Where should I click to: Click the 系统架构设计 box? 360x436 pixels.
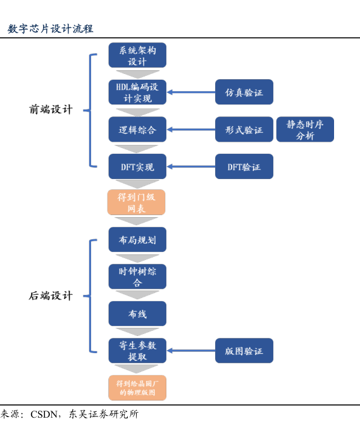point(137,55)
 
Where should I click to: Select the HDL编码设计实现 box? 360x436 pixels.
point(137,92)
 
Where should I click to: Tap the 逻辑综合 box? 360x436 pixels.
point(137,129)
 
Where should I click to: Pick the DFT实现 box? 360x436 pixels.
point(137,166)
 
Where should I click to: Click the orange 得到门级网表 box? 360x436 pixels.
point(137,202)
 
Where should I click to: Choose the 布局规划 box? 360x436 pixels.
point(137,240)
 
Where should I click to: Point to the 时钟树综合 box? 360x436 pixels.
point(137,277)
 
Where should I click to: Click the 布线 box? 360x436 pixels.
point(137,314)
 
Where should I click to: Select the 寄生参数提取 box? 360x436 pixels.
point(137,351)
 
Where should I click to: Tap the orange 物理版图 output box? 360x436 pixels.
point(137,388)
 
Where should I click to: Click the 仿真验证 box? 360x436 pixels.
point(244,92)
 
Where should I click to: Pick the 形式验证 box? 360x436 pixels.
point(244,129)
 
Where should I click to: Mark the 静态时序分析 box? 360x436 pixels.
point(305,129)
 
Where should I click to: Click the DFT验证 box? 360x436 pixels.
point(244,166)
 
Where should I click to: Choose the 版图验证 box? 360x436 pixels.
point(244,351)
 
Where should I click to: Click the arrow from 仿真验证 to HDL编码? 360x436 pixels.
point(191,92)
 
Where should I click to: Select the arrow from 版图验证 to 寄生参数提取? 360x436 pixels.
point(191,351)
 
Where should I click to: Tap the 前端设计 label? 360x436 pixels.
point(51,109)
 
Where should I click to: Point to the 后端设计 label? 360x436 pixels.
point(51,296)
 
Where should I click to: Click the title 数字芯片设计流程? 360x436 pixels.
point(51,28)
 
